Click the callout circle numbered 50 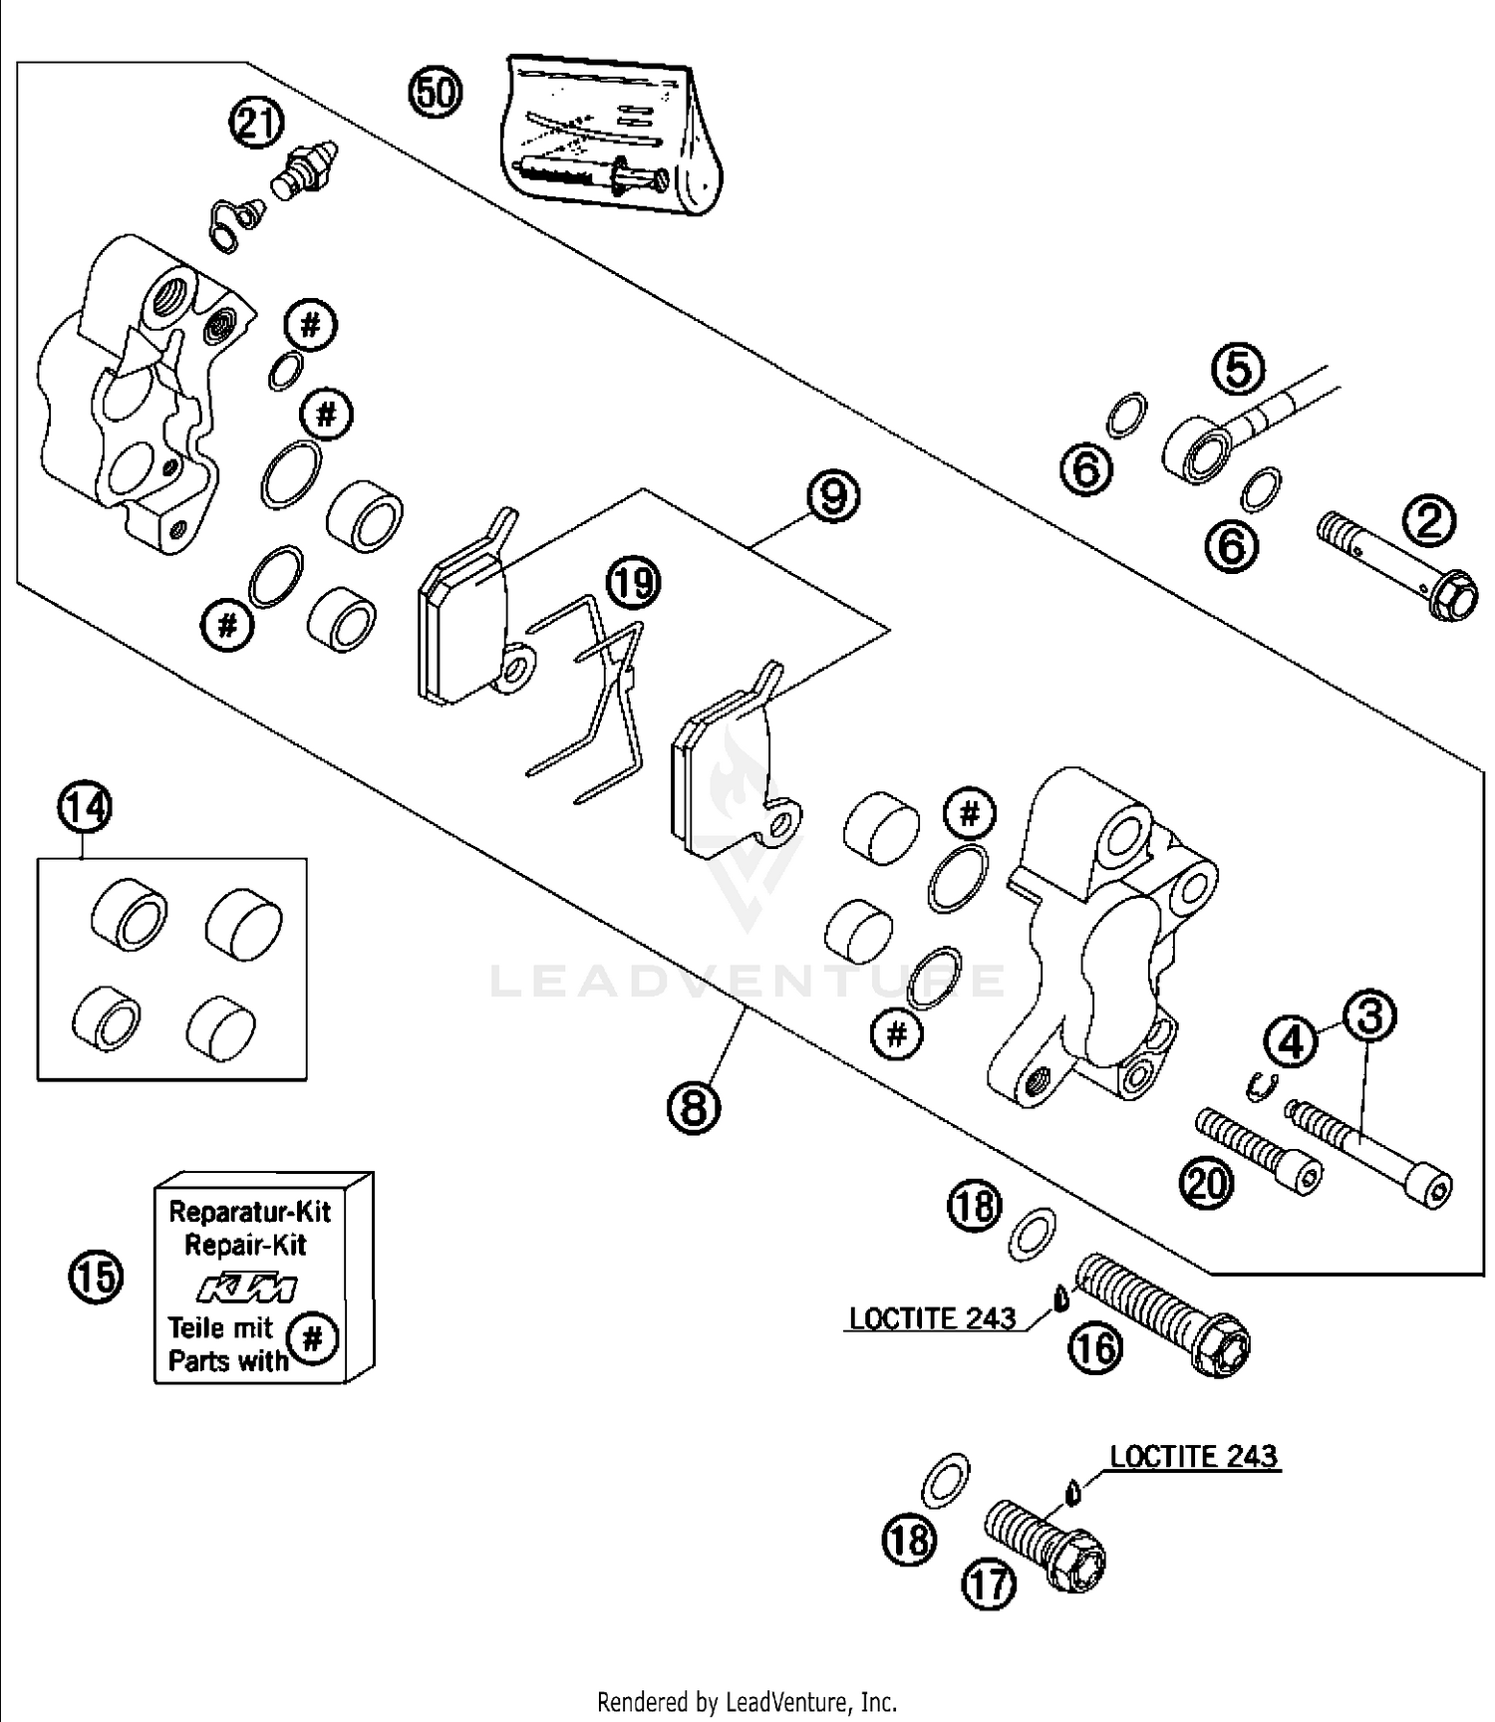(x=436, y=93)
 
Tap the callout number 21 (x=256, y=125)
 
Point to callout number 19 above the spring (x=634, y=582)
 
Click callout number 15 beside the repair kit (x=96, y=1278)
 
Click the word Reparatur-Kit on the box (x=249, y=1212)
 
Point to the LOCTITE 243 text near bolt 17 (x=1193, y=1456)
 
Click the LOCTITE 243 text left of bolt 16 (x=932, y=1318)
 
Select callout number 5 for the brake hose (x=1237, y=369)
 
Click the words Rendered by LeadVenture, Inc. (x=747, y=1701)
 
